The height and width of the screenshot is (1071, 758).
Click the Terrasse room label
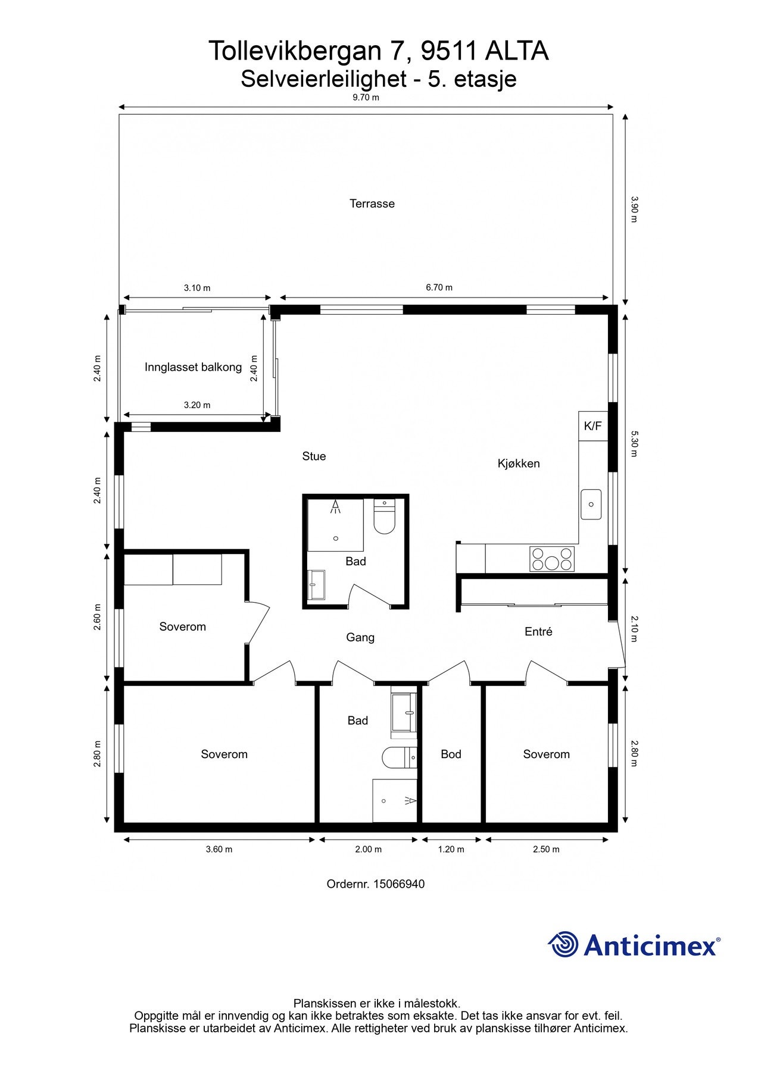pos(372,203)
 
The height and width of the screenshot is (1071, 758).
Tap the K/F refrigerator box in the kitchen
pos(593,426)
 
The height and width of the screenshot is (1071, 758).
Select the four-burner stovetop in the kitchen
pos(552,559)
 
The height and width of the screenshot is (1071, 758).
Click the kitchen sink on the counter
pos(591,504)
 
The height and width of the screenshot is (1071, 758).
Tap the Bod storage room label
pos(451,754)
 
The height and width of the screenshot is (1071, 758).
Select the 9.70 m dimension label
pos(366,98)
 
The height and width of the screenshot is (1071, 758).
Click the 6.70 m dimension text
pos(439,287)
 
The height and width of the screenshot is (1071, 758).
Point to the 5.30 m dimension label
pos(634,444)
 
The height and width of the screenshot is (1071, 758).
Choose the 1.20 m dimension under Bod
pos(451,849)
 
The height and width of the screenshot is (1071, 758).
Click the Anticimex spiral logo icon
pos(563,944)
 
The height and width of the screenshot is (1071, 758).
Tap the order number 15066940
pos(399,884)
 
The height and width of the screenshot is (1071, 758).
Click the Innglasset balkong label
pos(193,367)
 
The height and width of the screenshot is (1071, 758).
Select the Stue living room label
pos(314,456)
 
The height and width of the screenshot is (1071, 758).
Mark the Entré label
pos(538,632)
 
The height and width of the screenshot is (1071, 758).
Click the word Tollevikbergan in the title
pos(295,52)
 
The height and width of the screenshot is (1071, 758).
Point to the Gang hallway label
pos(360,637)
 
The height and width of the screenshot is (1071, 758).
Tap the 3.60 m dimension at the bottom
pos(219,849)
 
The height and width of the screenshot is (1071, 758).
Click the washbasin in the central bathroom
pos(317,585)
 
